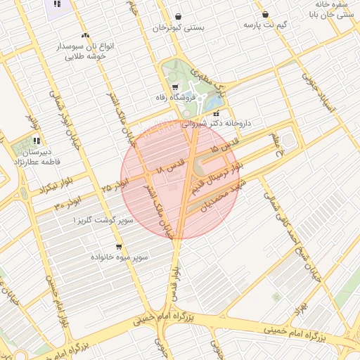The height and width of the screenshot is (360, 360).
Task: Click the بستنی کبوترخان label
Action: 178,28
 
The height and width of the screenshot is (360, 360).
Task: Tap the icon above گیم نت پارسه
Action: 265,14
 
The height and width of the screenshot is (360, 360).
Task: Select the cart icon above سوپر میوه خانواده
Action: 119,247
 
